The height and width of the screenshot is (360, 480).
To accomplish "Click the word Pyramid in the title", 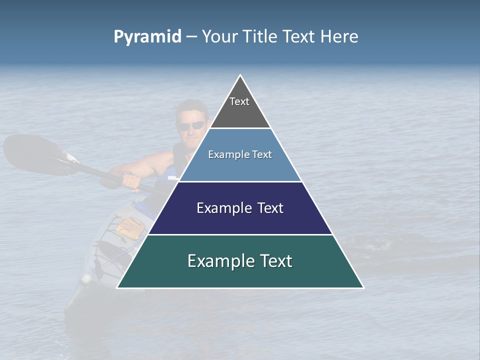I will click(147, 37).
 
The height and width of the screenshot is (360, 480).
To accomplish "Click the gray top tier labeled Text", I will click(240, 107).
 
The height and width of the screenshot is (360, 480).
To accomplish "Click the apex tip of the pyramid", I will click(240, 75).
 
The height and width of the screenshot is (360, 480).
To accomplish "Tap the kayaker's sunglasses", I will click(191, 125).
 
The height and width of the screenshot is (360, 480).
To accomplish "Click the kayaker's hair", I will click(192, 106).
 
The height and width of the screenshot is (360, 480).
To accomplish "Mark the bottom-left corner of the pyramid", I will click(117, 287).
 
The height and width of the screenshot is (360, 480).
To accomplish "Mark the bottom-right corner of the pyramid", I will click(363, 287).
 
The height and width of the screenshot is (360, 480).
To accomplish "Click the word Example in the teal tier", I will click(217, 261).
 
